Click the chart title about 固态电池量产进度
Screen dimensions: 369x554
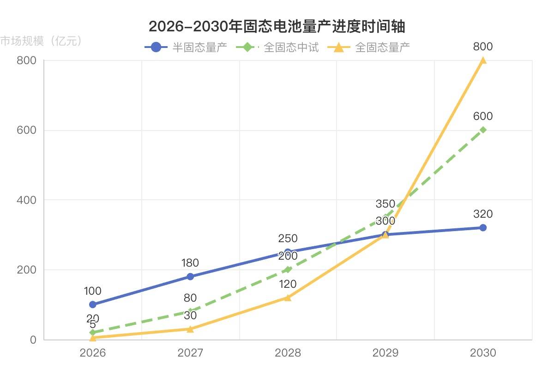[277, 27]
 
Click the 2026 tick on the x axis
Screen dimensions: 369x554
[93, 353]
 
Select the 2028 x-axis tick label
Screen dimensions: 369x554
[288, 353]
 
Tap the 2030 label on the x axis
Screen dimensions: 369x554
[483, 353]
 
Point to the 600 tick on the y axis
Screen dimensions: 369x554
[27, 130]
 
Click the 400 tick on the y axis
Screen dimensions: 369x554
[27, 200]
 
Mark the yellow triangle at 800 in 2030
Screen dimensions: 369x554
[483, 60]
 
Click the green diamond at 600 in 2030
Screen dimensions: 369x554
[483, 130]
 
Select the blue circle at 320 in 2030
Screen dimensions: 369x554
[483, 227]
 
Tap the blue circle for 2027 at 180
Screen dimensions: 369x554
[190, 277]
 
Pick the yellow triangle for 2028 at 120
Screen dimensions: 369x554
[288, 298]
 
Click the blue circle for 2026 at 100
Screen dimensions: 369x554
[93, 304]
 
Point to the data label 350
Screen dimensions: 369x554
[385, 204]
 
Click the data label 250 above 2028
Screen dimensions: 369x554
[288, 238]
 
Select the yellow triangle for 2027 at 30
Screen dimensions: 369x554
[190, 329]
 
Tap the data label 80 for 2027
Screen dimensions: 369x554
[190, 298]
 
